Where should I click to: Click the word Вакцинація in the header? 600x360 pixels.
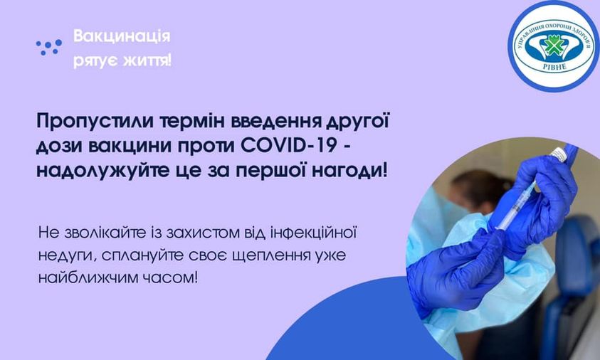pyautogui.click(x=122, y=36)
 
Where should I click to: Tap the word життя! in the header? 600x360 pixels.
pyautogui.click(x=147, y=60)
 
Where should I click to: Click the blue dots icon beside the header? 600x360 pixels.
pyautogui.click(x=48, y=47)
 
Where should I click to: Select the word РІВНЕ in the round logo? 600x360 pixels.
pyautogui.click(x=554, y=68)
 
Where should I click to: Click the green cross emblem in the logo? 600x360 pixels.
pyautogui.click(x=554, y=46)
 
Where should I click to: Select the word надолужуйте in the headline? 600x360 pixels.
pyautogui.click(x=102, y=171)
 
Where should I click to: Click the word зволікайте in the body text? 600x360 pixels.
pyautogui.click(x=105, y=233)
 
